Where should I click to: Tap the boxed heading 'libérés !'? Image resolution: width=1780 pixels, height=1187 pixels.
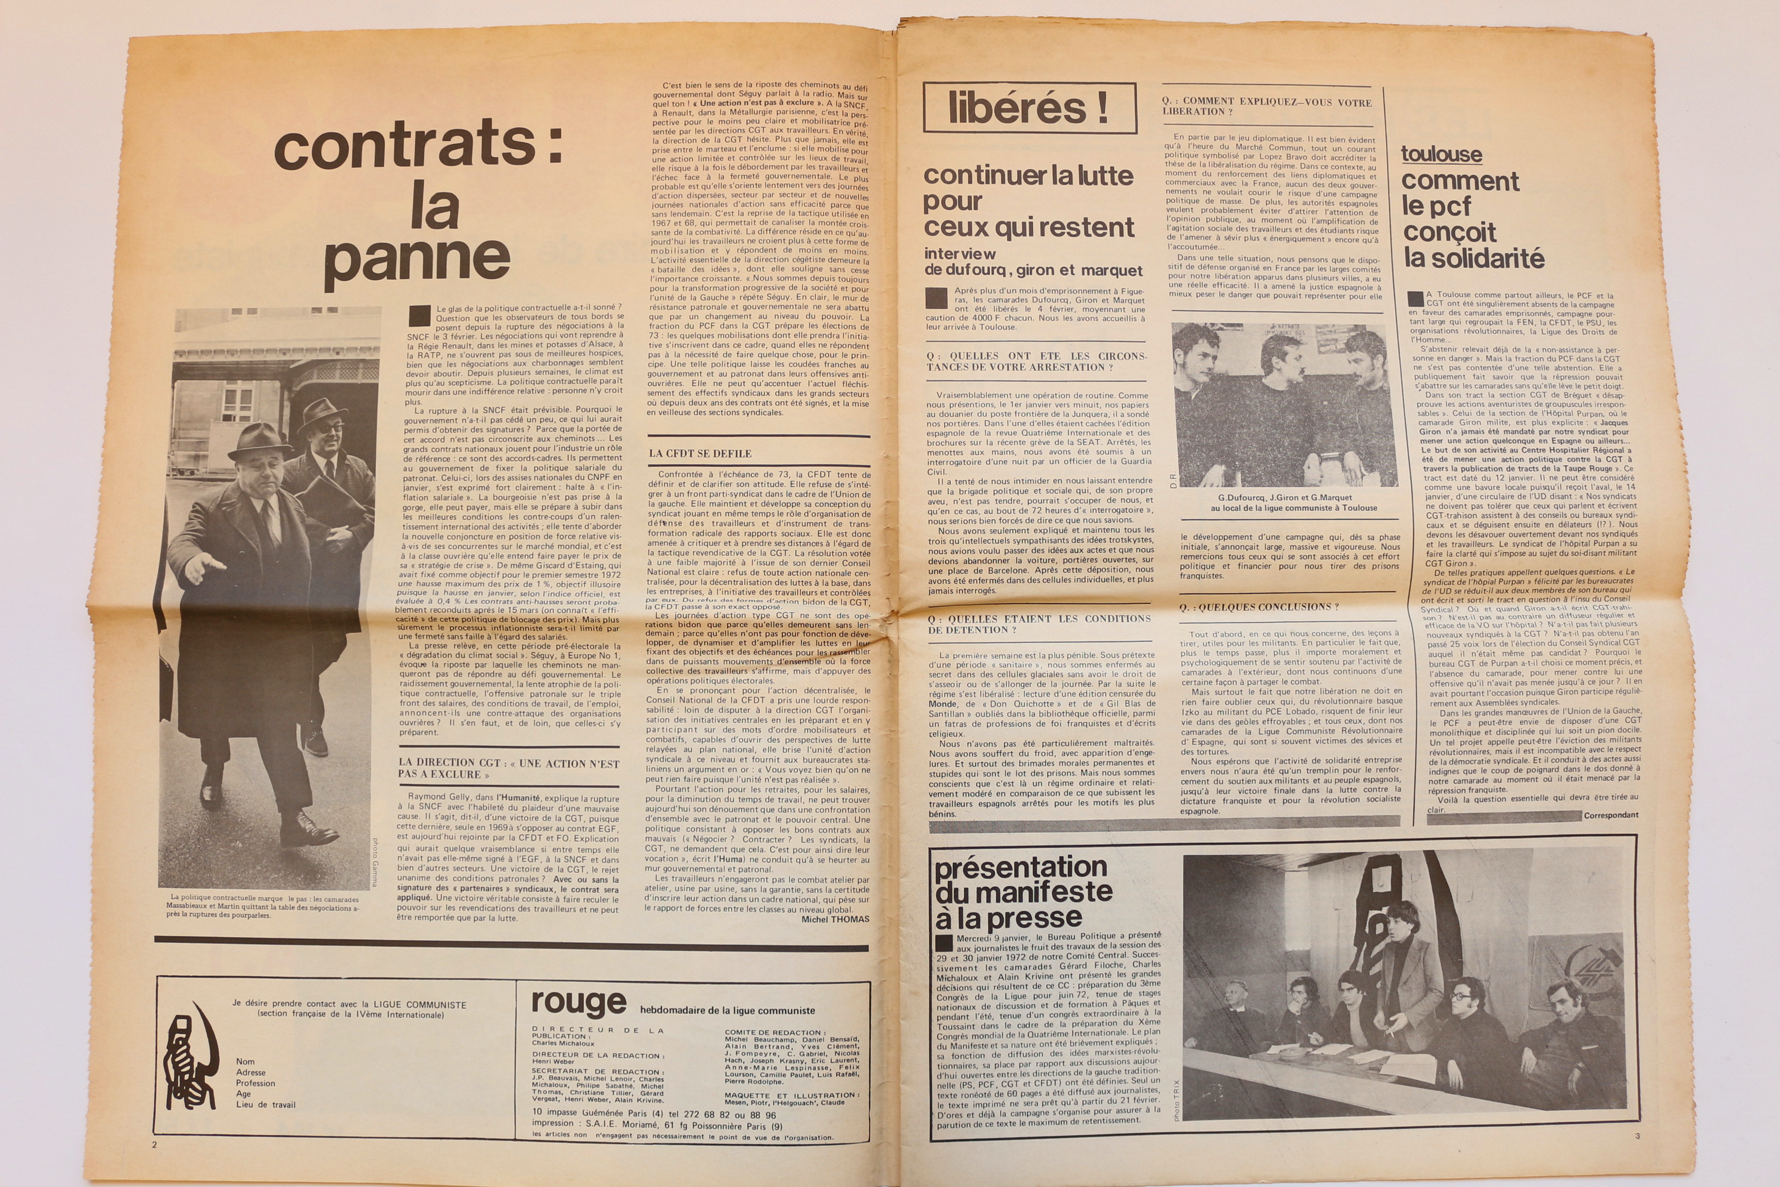[1029, 108]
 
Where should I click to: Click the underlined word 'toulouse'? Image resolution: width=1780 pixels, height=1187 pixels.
[1441, 155]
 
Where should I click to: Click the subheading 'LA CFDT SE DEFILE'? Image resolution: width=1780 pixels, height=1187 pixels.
[700, 453]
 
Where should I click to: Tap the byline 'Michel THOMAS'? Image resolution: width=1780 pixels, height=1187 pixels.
[835, 919]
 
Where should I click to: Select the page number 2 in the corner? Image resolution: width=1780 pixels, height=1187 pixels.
[155, 1145]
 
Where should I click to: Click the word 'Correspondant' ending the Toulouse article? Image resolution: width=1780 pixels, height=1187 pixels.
[1611, 816]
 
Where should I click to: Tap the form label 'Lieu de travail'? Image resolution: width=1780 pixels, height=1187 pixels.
[266, 1105]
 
